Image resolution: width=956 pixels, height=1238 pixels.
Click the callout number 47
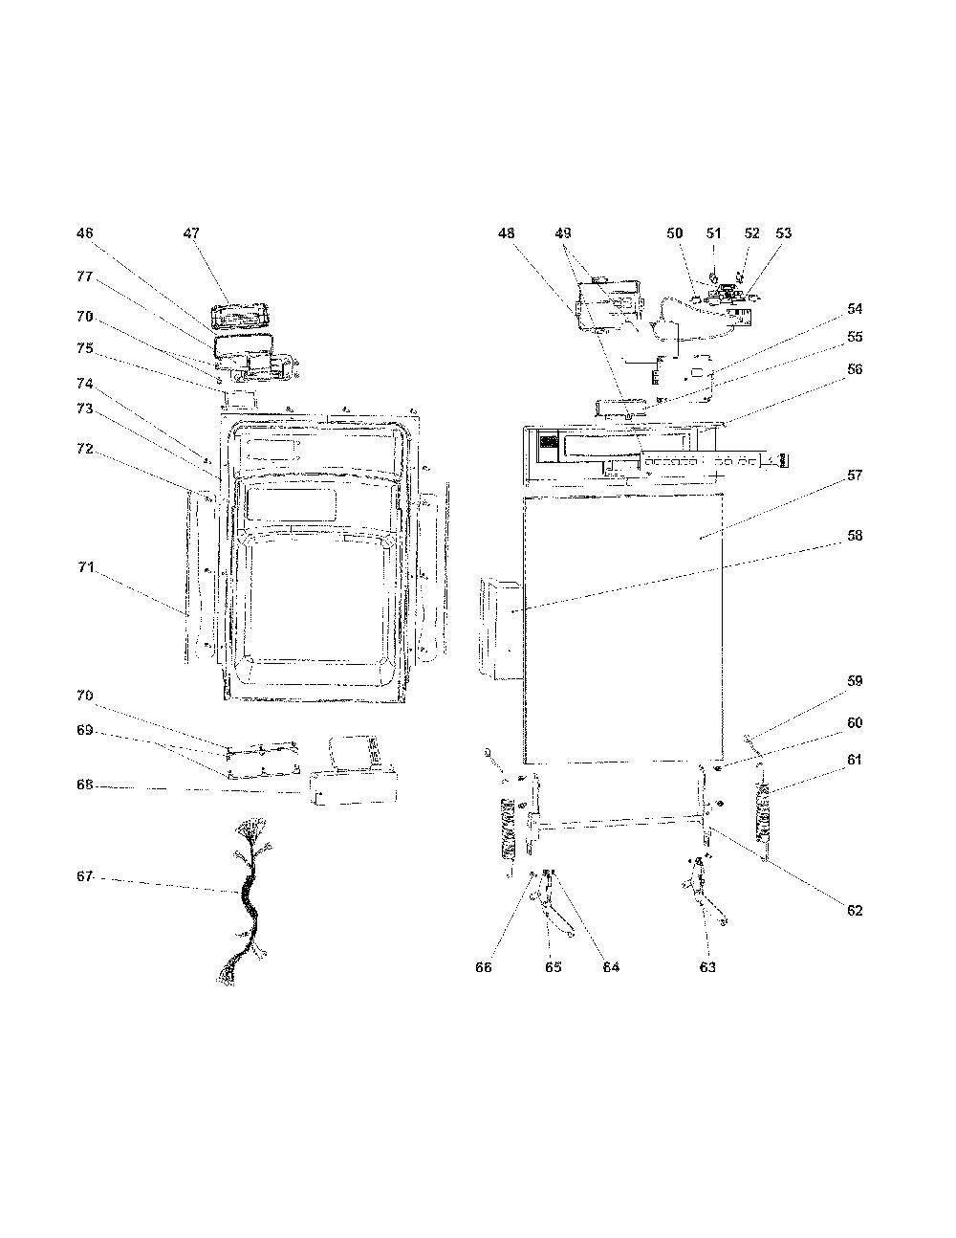191,233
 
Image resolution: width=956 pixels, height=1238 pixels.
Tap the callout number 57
855,475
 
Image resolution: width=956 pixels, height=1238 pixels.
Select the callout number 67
85,876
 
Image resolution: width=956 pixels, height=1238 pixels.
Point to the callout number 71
85,567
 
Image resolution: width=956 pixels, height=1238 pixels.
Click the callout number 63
707,967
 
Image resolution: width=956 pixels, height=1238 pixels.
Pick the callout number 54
855,308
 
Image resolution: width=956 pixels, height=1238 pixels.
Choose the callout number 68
85,785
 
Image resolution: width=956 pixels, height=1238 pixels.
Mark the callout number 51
713,233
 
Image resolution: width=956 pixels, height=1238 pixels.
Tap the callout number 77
85,276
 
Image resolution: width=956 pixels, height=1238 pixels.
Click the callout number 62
855,911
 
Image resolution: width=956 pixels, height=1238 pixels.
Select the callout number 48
507,233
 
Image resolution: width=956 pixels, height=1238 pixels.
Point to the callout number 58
855,536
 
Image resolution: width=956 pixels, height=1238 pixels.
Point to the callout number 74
85,384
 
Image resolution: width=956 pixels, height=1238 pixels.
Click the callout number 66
484,967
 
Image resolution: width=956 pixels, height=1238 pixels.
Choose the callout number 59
855,681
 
